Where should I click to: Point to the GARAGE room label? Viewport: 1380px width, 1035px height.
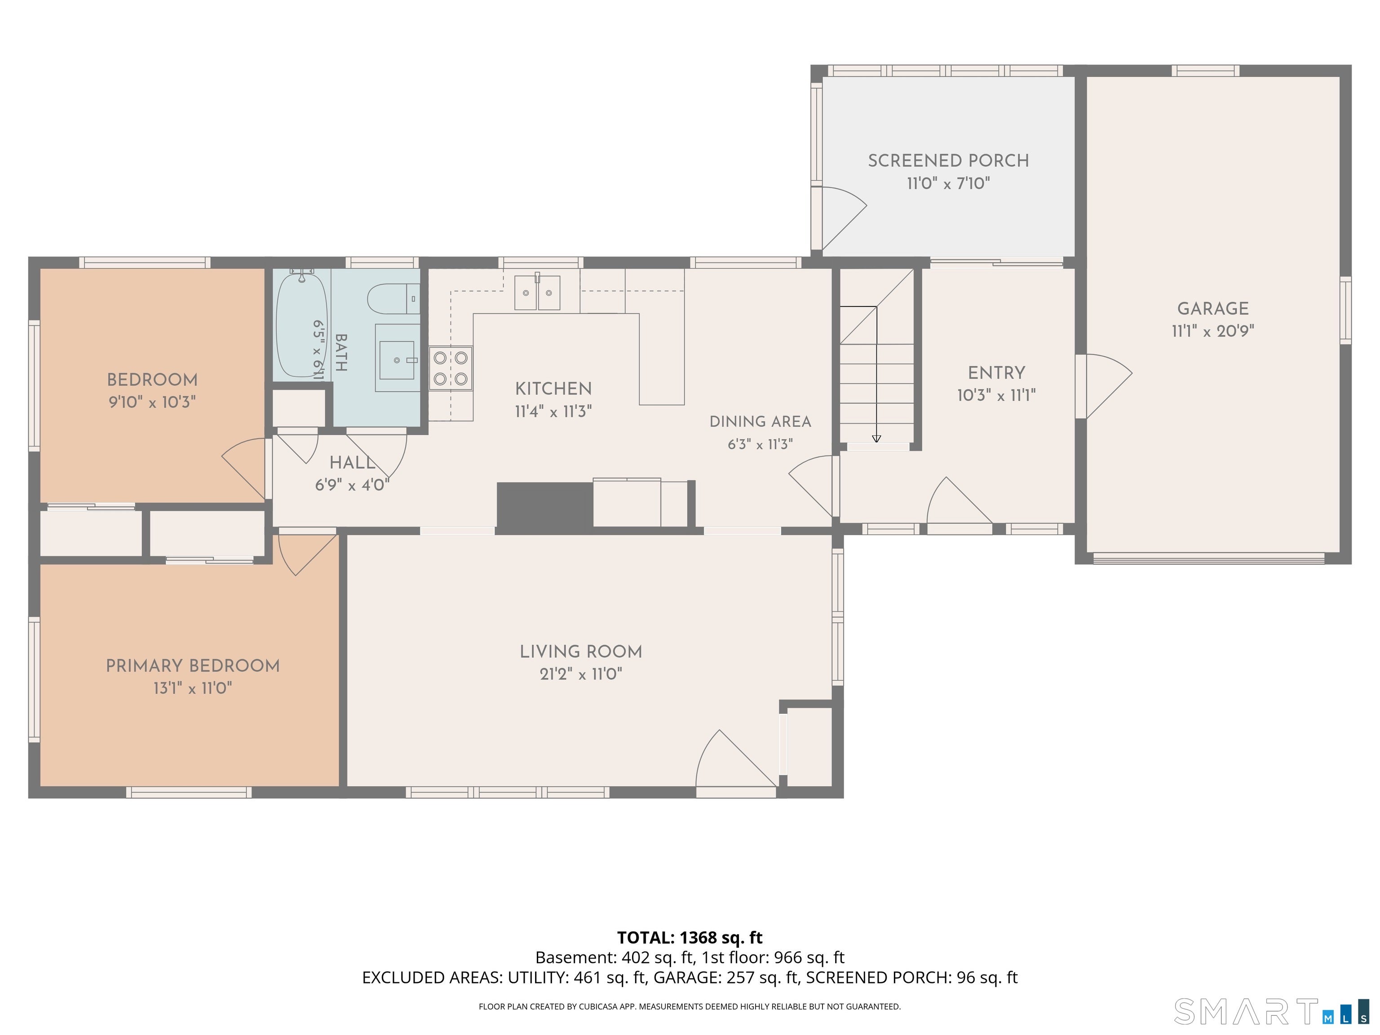point(1213,308)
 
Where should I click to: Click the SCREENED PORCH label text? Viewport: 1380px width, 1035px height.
point(948,160)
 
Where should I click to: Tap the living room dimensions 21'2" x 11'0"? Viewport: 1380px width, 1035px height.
point(581,674)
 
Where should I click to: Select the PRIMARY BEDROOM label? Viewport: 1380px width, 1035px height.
point(193,666)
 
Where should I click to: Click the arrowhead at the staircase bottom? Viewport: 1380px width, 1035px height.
point(876,438)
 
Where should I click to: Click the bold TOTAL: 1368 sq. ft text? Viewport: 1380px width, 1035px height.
point(690,937)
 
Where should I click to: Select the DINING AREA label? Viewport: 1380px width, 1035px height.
point(760,422)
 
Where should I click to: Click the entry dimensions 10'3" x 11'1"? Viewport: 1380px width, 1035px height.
point(996,395)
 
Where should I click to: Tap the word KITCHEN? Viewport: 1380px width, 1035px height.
point(553,389)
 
